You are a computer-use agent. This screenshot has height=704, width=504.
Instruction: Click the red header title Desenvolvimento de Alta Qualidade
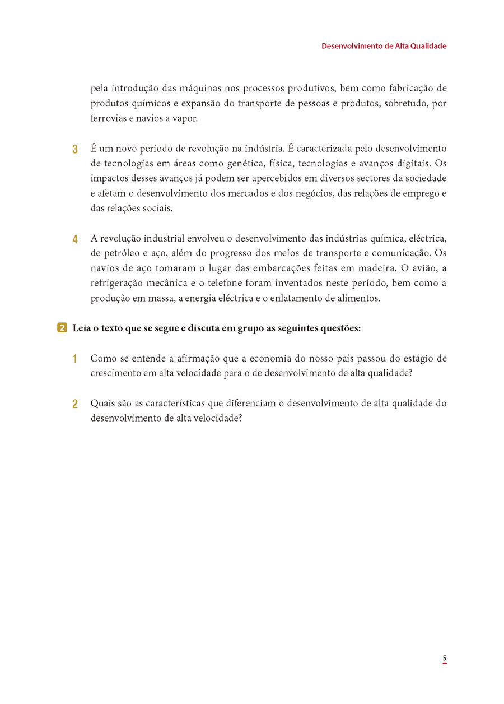(x=384, y=46)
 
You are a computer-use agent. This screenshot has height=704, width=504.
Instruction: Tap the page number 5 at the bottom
(x=444, y=658)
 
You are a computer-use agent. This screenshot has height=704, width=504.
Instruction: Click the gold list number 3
(x=75, y=150)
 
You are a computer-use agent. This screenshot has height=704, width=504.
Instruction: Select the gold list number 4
(x=75, y=239)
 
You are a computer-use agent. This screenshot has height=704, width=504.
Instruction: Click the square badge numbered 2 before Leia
(x=62, y=328)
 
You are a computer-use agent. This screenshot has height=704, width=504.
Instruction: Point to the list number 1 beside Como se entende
(x=75, y=359)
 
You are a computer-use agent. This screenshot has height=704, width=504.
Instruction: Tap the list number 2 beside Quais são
(x=75, y=404)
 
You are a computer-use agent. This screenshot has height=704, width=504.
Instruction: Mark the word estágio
(x=418, y=358)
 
